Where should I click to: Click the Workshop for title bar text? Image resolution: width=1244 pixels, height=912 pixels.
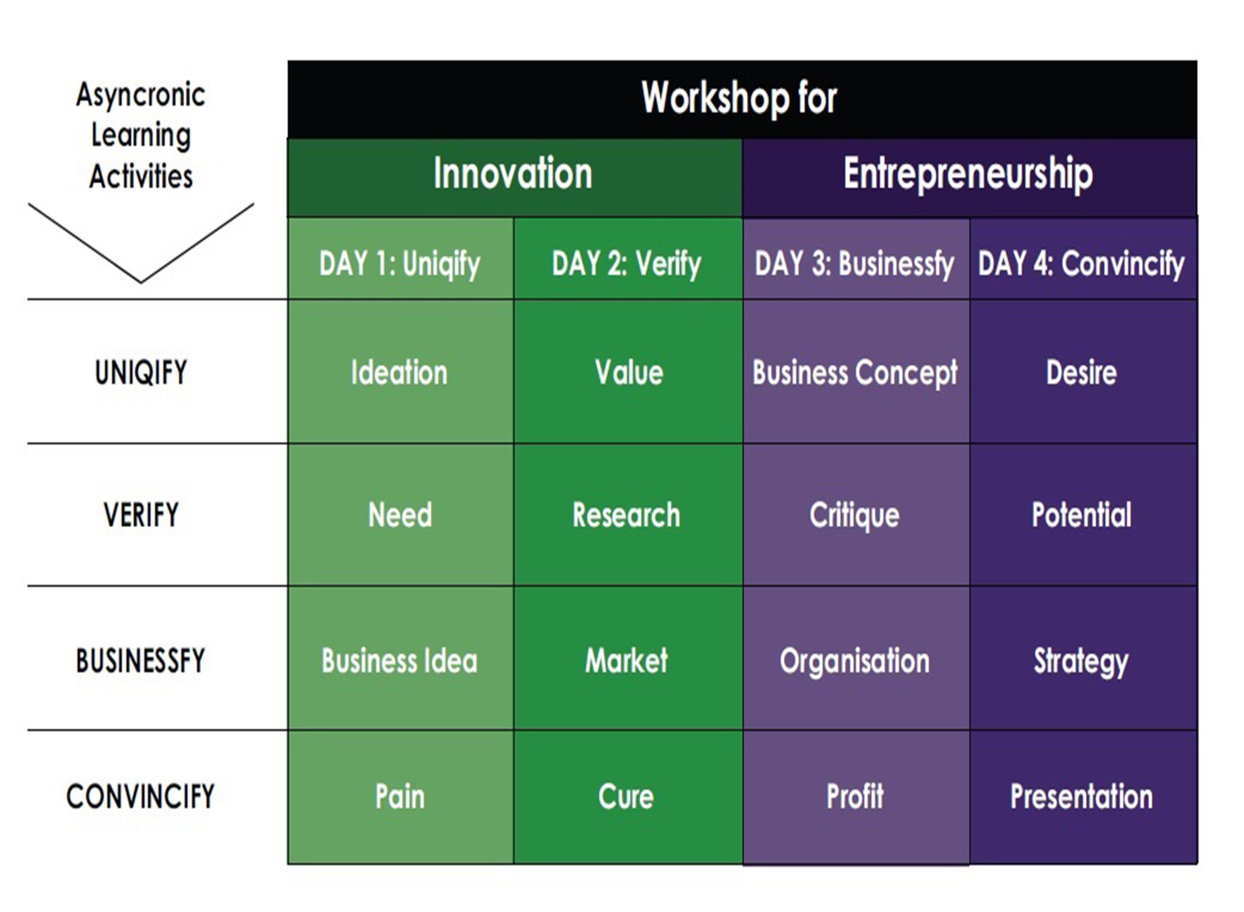pyautogui.click(x=740, y=98)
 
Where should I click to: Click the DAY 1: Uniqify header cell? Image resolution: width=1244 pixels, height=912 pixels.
pyautogui.click(x=401, y=259)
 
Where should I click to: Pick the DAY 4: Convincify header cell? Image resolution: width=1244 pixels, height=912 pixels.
pyautogui.click(x=1083, y=259)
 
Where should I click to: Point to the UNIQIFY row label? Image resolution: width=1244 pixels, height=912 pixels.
pyautogui.click(x=141, y=373)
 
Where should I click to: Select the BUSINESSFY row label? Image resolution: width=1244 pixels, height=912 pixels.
pyautogui.click(x=141, y=660)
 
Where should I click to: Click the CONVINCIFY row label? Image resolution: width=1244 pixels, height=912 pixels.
pyautogui.click(x=141, y=796)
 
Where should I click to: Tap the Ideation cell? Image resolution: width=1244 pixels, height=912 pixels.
pyautogui.click(x=401, y=372)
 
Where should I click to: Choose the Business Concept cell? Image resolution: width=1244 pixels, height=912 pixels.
pyautogui.click(x=856, y=372)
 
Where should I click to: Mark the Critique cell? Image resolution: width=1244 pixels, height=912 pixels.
pyautogui.click(x=856, y=514)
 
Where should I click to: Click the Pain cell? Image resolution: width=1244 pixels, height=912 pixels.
pyautogui.click(x=401, y=797)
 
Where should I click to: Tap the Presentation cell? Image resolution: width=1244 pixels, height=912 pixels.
pyautogui.click(x=1083, y=797)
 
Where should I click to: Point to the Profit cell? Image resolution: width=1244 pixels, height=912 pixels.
pyautogui.click(x=856, y=797)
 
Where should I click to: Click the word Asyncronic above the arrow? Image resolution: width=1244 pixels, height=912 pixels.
pyautogui.click(x=141, y=95)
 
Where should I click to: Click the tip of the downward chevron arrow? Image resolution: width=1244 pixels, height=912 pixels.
pyautogui.click(x=141, y=282)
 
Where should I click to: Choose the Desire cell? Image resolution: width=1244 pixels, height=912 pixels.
pyautogui.click(x=1083, y=372)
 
